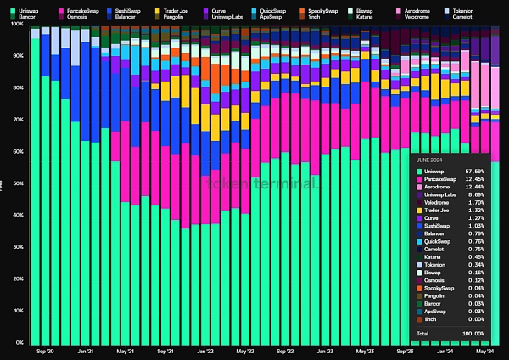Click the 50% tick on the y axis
click(x=18, y=183)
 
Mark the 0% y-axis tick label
click(x=20, y=342)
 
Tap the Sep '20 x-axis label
click(x=45, y=351)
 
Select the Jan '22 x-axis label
click(x=204, y=351)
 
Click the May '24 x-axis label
click(x=484, y=351)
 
